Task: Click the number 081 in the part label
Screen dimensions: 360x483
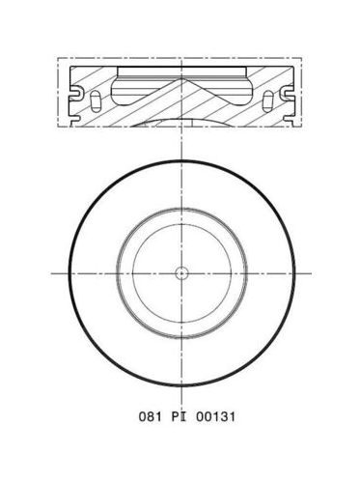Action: pyautogui.click(x=150, y=416)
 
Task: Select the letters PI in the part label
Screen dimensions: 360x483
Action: pyautogui.click(x=179, y=416)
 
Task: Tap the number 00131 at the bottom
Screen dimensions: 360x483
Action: pyautogui.click(x=215, y=416)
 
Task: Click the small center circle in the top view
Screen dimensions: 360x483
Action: pyautogui.click(x=181, y=273)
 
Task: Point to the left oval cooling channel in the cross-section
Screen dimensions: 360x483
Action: pyautogui.click(x=96, y=101)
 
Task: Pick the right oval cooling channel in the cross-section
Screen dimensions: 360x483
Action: pyautogui.click(x=268, y=101)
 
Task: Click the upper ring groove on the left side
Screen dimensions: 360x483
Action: pyautogui.click(x=74, y=93)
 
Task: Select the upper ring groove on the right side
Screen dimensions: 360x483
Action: pyautogui.click(x=288, y=93)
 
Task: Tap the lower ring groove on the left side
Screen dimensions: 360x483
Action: pyautogui.click(x=74, y=120)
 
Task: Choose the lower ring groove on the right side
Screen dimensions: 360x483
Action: pyautogui.click(x=289, y=120)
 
